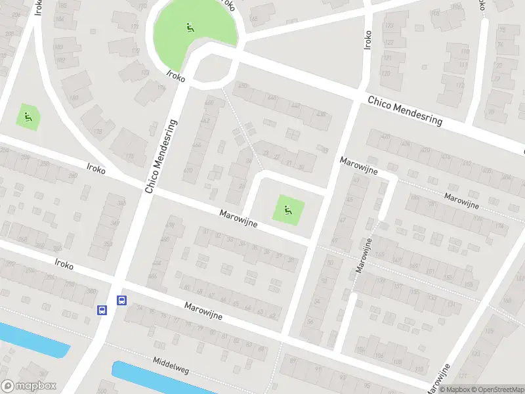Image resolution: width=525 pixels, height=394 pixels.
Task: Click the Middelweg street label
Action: coord(171,366)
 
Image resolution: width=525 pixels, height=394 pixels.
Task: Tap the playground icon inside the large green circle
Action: coord(190,28)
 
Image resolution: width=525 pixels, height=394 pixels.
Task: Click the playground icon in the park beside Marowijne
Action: coord(288,210)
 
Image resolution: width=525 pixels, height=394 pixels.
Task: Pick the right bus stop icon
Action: coord(121,300)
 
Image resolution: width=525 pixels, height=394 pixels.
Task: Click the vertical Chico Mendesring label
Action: coord(161,156)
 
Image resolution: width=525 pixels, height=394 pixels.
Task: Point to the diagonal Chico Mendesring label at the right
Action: coord(405,111)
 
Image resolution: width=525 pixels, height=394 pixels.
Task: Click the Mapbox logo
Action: coord(28,386)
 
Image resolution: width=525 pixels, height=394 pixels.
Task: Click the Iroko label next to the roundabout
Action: coord(176,77)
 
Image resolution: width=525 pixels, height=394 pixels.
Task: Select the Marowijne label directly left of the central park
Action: coord(238,218)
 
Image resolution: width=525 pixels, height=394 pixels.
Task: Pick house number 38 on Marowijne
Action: coord(291,261)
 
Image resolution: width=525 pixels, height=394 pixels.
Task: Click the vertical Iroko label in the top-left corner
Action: coord(38,8)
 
